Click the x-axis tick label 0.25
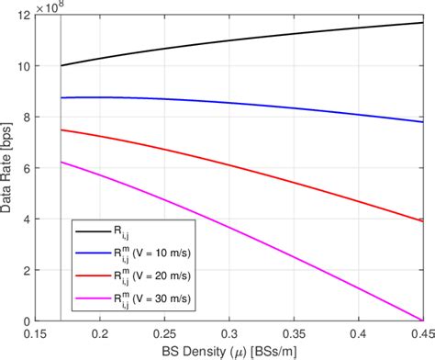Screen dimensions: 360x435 point(167,333)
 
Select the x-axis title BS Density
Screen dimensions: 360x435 point(234,350)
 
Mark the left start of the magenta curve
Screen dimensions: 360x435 point(61,162)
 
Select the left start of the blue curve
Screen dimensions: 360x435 point(61,97)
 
